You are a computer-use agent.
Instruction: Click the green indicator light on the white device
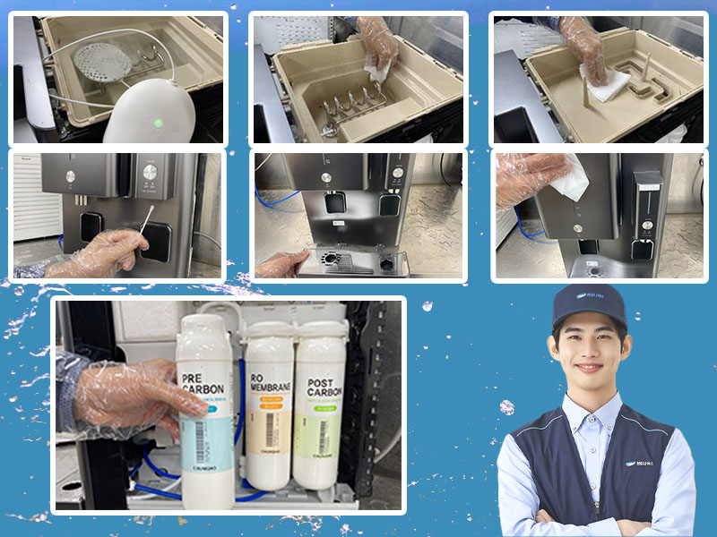tap(158, 124)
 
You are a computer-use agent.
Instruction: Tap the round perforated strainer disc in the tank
tap(101, 61)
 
